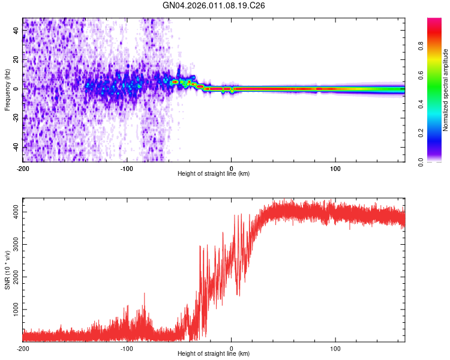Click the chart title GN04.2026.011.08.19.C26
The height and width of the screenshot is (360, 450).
(x=214, y=5)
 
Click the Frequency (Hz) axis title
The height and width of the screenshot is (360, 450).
(x=7, y=90)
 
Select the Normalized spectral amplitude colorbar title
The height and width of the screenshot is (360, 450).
(x=446, y=90)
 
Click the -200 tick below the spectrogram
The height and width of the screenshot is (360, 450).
(x=23, y=167)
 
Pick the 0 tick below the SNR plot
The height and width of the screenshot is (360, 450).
(x=232, y=347)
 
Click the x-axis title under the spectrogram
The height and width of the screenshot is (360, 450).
(x=214, y=174)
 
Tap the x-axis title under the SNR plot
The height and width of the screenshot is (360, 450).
(x=214, y=354)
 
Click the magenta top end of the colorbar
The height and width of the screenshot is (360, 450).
(x=434, y=20)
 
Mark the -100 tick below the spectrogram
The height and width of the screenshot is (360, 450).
(x=127, y=167)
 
